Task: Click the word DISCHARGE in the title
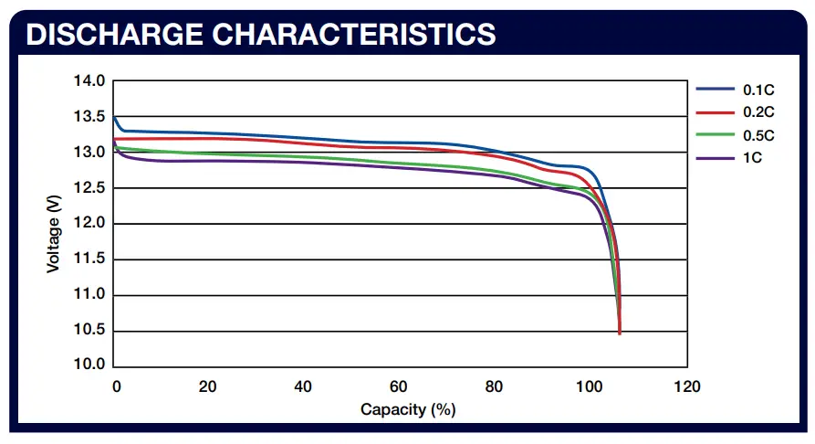tap(102, 34)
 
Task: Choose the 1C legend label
tap(753, 158)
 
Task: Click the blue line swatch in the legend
tap(716, 90)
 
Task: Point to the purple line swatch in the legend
tap(716, 158)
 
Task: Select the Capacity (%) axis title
tap(408, 409)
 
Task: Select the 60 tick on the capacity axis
tap(399, 386)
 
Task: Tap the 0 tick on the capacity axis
tap(116, 386)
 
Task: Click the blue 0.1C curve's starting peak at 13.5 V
tap(113, 117)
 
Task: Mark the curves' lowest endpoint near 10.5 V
tap(620, 333)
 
